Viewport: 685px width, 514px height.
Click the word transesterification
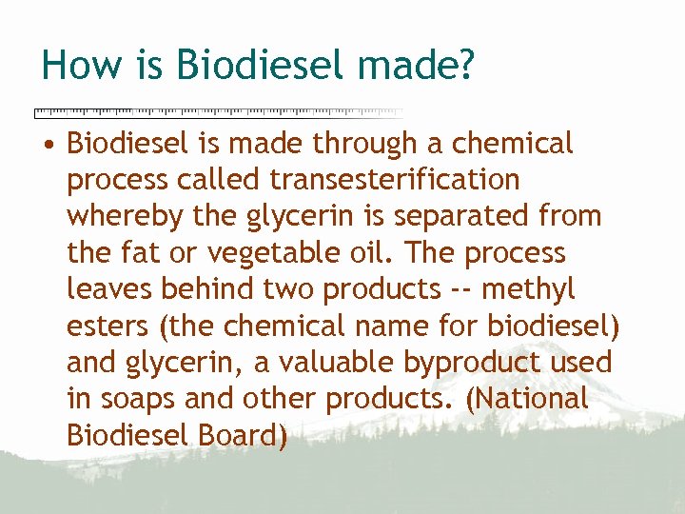tap(395, 179)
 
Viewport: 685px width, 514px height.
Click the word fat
tap(140, 253)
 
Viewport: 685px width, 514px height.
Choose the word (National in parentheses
tap(528, 399)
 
